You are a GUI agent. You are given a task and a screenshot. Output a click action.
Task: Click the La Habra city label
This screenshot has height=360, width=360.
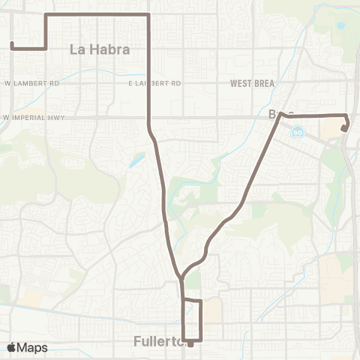pos(99,49)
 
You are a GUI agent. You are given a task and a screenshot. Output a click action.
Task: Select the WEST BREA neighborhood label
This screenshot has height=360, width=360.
pos(252,83)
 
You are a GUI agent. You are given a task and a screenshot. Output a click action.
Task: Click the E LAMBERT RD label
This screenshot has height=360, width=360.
pos(154,83)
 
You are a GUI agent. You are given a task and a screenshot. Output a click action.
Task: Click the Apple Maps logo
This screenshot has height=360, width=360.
pos(28,347)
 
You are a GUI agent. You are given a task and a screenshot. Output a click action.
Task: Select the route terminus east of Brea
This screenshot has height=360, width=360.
pos(343,129)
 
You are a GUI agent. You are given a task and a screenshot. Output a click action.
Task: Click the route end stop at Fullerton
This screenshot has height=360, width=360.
pos(190,344)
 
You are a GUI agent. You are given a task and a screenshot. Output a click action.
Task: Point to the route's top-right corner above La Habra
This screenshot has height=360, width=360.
pos(149,14)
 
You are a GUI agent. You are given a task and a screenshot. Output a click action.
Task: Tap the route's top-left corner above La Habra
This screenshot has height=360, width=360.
pos(46,14)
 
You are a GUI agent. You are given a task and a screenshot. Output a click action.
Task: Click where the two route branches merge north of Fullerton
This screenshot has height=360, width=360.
pos(181,278)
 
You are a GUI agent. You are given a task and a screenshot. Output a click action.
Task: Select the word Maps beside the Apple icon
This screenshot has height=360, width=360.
pos(34,347)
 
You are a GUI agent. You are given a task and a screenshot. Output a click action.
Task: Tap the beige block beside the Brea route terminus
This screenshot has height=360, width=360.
pos(330,129)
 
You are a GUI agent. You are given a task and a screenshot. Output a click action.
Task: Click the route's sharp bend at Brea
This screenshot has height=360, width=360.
pos(283,116)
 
